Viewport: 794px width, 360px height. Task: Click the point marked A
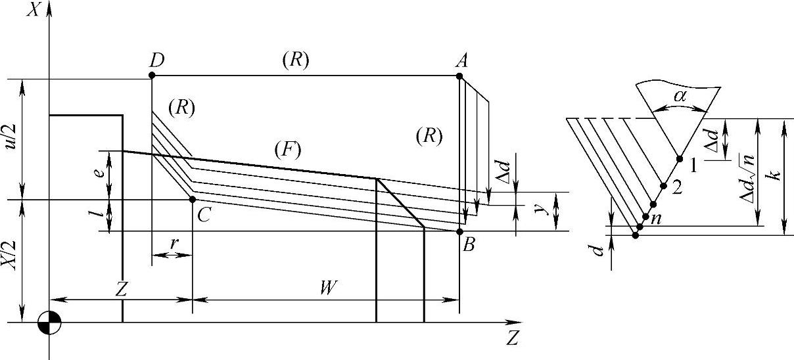coord(459,76)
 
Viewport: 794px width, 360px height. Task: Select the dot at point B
coord(459,231)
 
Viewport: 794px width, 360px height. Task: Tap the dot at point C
coord(193,199)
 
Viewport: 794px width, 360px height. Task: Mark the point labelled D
coord(152,76)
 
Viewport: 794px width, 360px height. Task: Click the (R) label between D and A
coord(295,60)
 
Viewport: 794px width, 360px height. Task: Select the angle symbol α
coord(682,97)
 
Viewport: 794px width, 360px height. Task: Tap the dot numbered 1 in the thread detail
coord(680,158)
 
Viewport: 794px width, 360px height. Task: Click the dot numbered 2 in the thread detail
coord(663,186)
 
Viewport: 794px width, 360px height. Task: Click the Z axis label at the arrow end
coord(513,339)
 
